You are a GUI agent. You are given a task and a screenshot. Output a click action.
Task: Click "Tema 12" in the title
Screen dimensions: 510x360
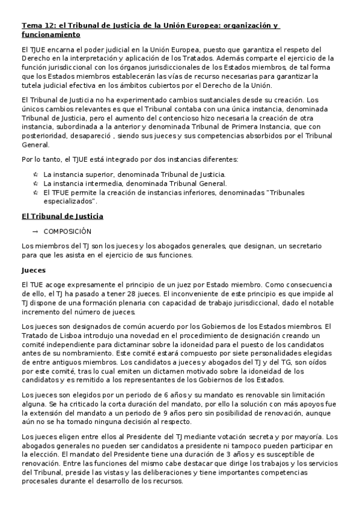coord(35,26)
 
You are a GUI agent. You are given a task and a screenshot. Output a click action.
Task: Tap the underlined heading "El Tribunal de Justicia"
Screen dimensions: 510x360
coord(62,216)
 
